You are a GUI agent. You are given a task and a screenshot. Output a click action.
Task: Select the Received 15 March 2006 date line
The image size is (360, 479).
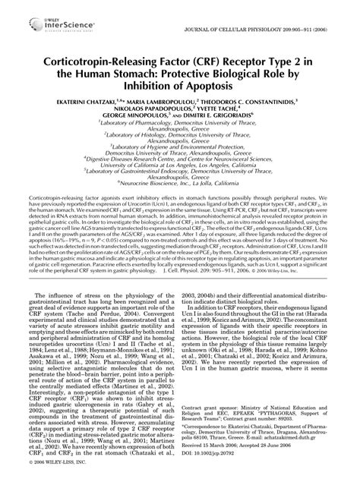(265, 453)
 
